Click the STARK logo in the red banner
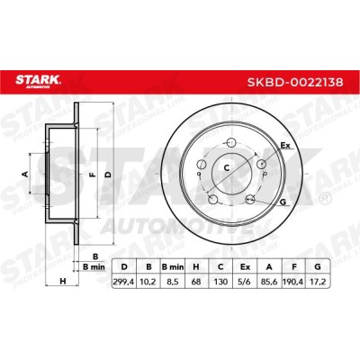[x=38, y=82]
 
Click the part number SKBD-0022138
[x=295, y=82]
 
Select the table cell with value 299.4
[x=124, y=282]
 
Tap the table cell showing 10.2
[x=148, y=282]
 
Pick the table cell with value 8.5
[x=173, y=282]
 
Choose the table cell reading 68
[x=196, y=282]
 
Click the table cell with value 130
[x=220, y=282]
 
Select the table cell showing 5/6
[x=245, y=282]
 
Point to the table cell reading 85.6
[x=269, y=282]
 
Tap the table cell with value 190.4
[x=293, y=282]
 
